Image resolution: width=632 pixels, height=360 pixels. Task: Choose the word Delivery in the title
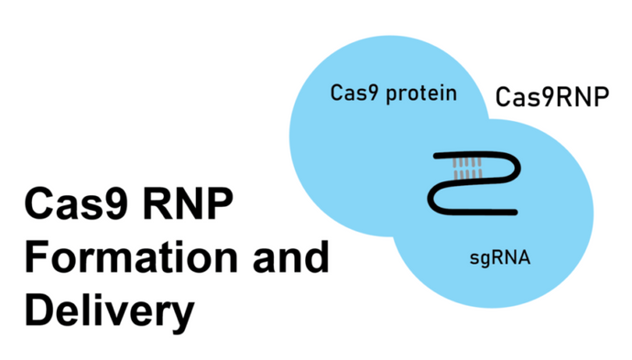[x=109, y=310]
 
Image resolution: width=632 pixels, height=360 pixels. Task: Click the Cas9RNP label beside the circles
[x=551, y=97]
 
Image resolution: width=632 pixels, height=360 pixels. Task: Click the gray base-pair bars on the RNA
[x=467, y=169]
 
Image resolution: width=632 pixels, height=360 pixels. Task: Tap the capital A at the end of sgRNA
[x=523, y=259]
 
